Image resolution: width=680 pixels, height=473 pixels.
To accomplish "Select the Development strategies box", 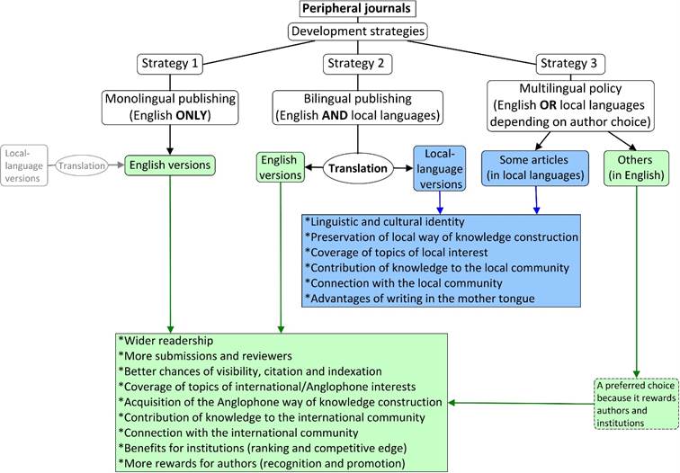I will (x=358, y=31).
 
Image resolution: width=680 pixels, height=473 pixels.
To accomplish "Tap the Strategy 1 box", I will (x=169, y=64).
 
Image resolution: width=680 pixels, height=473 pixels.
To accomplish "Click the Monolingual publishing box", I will (x=169, y=106).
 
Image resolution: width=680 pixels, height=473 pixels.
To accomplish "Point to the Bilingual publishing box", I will (x=358, y=106).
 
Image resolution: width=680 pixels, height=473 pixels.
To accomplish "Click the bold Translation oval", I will (x=357, y=168).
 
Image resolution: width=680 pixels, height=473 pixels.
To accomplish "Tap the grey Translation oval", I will (x=83, y=165).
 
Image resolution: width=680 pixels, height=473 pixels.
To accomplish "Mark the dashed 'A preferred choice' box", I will (x=636, y=402).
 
